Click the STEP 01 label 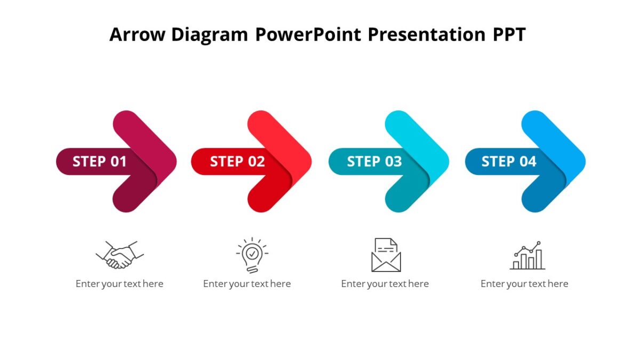pyautogui.click(x=100, y=162)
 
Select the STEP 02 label pyautogui.click(x=237, y=162)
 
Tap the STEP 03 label pyautogui.click(x=374, y=162)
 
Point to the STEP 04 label pyautogui.click(x=509, y=162)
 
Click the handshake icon pyautogui.click(x=120, y=255)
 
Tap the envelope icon pyautogui.click(x=386, y=255)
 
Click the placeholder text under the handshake pyautogui.click(x=119, y=284)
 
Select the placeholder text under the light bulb pyautogui.click(x=247, y=284)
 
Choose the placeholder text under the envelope pyautogui.click(x=385, y=284)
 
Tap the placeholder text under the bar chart pyautogui.click(x=524, y=284)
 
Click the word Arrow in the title pyautogui.click(x=137, y=35)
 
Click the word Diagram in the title pyautogui.click(x=210, y=35)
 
